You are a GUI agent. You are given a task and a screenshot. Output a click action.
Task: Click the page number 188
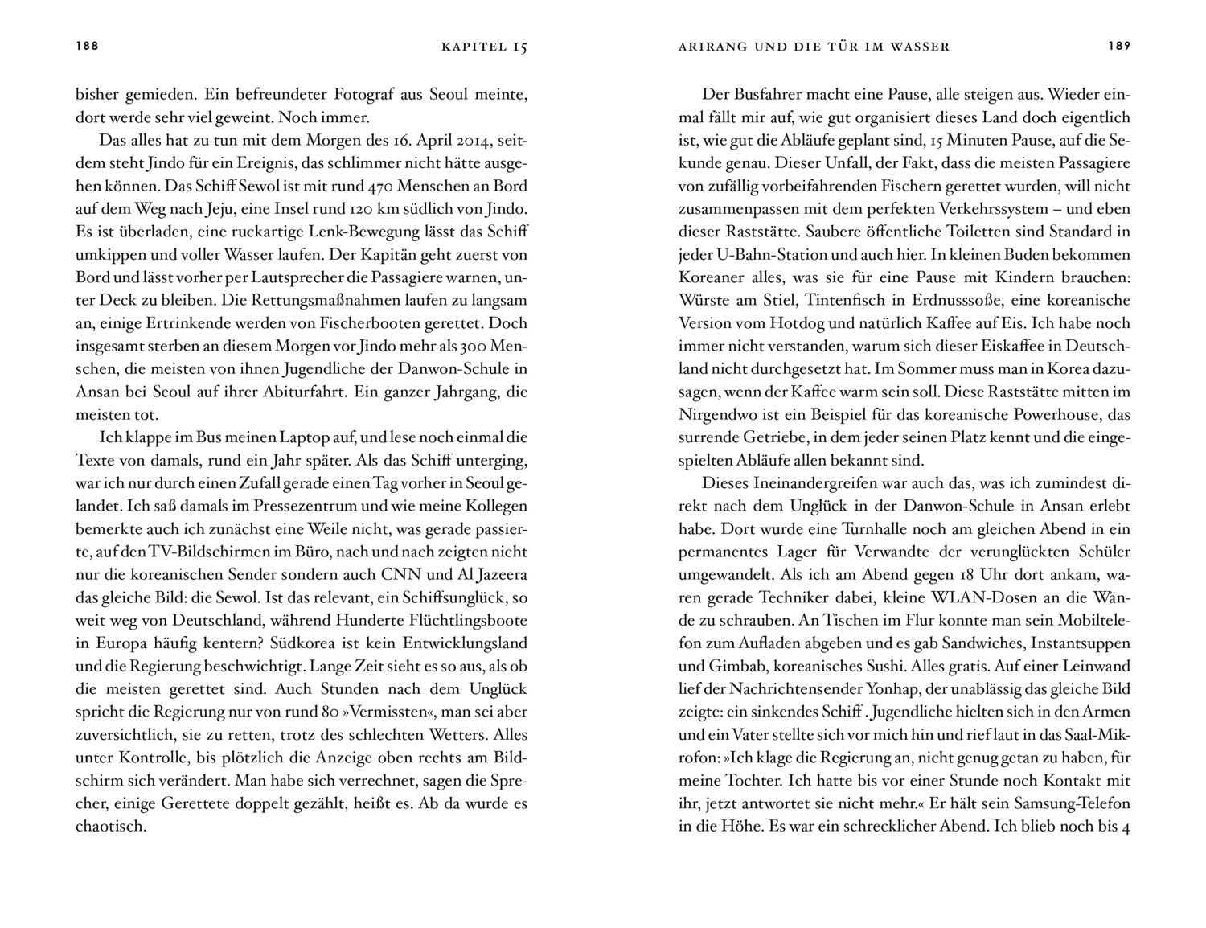[87, 47]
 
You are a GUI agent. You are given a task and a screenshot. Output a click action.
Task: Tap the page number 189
[1119, 47]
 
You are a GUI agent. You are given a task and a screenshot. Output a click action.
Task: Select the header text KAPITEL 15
[484, 47]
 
